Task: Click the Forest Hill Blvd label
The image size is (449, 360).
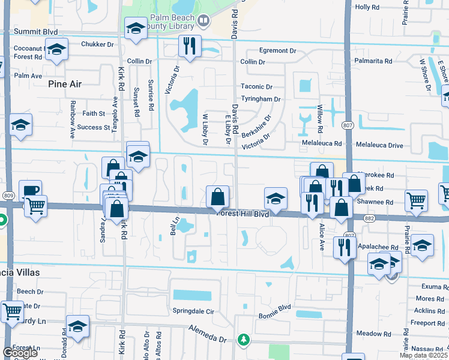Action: (243, 214)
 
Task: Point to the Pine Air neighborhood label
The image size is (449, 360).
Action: (65, 84)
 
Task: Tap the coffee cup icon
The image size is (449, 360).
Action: (30, 191)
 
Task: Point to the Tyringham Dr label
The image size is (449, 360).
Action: (261, 99)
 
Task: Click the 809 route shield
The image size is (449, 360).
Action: (8, 195)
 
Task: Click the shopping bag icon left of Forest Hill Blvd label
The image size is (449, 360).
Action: (217, 196)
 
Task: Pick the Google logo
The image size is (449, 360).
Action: (20, 353)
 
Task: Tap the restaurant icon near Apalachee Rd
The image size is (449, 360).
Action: (344, 246)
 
